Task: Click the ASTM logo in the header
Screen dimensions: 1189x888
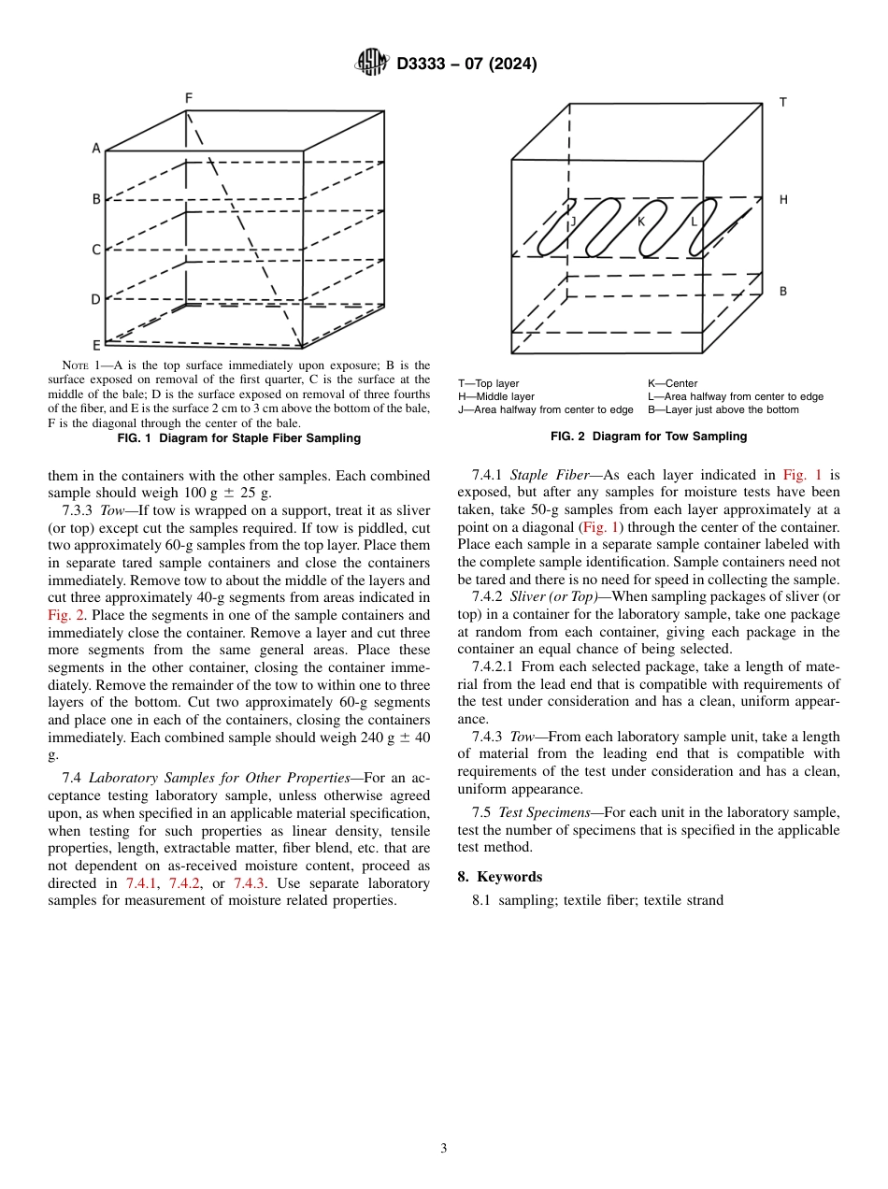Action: tap(372, 63)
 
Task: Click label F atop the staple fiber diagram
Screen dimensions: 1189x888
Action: tap(189, 98)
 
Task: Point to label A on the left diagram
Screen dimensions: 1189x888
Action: tap(95, 148)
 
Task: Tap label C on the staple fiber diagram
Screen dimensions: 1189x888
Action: tap(95, 250)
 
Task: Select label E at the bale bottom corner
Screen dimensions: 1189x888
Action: tap(95, 345)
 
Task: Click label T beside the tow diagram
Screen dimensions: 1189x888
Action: tap(782, 103)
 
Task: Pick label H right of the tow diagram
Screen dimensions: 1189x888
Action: tap(783, 200)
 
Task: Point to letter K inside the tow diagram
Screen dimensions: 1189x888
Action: tap(641, 222)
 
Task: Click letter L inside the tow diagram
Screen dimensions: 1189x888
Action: tap(694, 222)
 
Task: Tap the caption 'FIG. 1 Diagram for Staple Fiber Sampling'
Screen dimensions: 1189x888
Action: tap(238, 437)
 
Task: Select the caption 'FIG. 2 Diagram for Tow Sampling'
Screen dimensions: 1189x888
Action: tap(649, 437)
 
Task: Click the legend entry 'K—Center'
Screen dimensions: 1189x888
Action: tap(672, 383)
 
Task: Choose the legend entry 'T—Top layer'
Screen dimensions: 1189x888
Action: tap(488, 383)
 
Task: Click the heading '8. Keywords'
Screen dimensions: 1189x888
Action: tap(499, 877)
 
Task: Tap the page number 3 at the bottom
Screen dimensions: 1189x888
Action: tap(444, 1149)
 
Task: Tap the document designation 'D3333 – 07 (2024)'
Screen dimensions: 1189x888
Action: tap(466, 64)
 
